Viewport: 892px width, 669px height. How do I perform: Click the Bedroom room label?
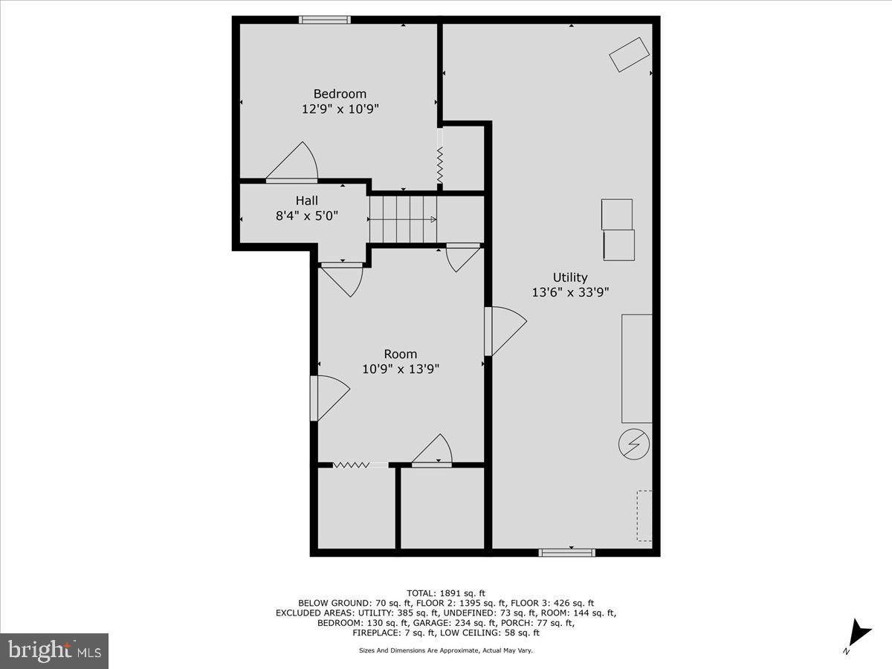[x=340, y=94]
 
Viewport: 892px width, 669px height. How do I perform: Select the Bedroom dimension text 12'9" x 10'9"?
[x=340, y=109]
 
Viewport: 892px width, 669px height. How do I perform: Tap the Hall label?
[x=306, y=201]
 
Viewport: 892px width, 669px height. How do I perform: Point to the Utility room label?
[x=570, y=277]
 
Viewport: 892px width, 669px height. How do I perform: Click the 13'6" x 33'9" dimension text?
[x=570, y=292]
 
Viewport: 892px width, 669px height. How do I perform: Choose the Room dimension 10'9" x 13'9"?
[x=401, y=369]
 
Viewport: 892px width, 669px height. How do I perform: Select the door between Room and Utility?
[x=505, y=331]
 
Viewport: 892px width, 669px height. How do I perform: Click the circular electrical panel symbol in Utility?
[x=634, y=445]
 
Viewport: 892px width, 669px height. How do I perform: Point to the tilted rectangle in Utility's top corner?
[x=630, y=55]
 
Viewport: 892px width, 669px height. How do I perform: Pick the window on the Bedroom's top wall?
[x=325, y=20]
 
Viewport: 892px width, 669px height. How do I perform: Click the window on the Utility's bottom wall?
[x=566, y=552]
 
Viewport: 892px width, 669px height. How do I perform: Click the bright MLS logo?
[x=54, y=650]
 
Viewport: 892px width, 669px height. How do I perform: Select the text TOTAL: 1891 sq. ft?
[x=446, y=592]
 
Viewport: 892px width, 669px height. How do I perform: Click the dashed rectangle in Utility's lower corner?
[x=644, y=515]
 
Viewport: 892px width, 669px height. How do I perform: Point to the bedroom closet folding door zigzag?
[x=440, y=165]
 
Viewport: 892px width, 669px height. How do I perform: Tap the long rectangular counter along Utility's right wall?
[x=637, y=369]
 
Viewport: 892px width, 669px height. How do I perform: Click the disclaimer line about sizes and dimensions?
[x=446, y=650]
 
